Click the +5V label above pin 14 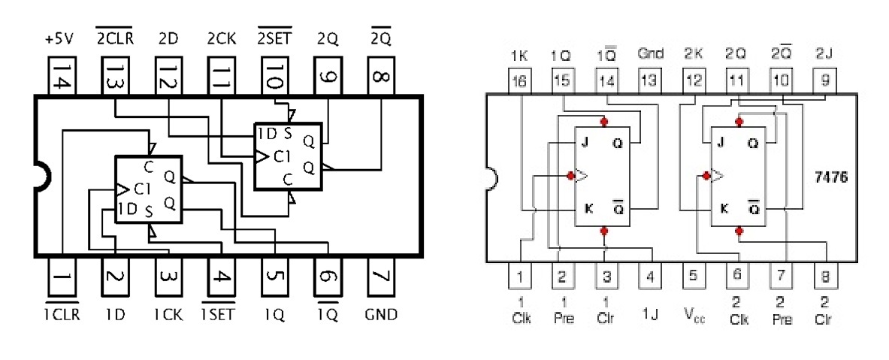point(59,38)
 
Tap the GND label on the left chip point(380,313)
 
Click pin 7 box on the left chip point(380,278)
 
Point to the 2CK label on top point(221,38)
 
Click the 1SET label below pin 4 point(220,313)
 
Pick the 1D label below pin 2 point(114,313)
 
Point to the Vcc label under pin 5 point(694,310)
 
